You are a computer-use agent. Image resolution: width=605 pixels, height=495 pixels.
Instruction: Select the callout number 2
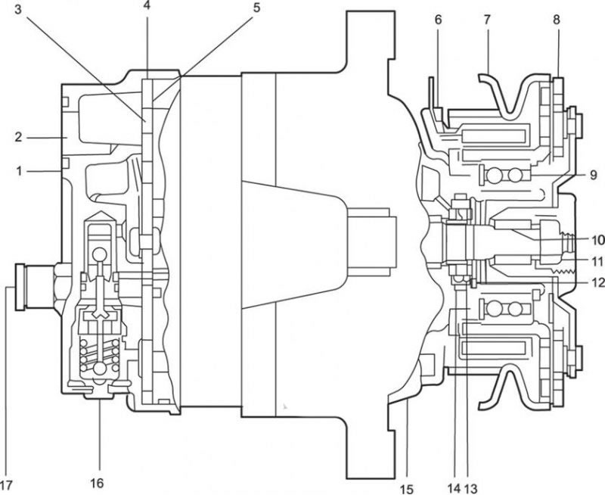click(19, 137)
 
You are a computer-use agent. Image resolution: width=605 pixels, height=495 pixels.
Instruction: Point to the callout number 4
click(147, 7)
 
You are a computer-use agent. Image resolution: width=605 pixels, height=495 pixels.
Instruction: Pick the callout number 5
click(256, 8)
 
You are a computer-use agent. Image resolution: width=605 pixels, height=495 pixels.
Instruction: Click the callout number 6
click(439, 20)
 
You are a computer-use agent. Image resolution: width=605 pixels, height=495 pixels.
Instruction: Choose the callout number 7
click(487, 20)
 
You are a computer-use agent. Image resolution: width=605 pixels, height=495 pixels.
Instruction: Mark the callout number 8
click(556, 20)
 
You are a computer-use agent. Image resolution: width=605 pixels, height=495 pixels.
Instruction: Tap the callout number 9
click(594, 175)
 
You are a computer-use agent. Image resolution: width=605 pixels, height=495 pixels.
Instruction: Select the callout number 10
click(597, 240)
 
